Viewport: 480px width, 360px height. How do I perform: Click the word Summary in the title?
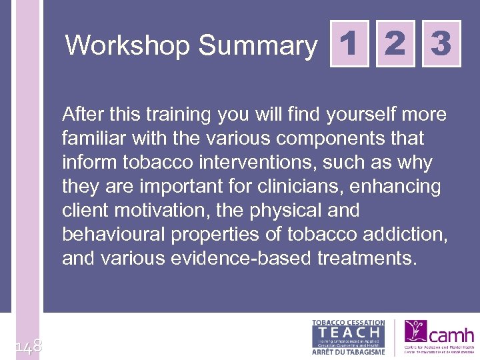258,46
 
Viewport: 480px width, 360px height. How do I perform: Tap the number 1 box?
349,45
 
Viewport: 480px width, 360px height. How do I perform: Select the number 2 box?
395,45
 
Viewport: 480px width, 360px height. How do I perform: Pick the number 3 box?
441,45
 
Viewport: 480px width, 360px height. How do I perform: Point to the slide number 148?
28,345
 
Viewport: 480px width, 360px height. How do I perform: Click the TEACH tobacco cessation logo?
349,337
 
